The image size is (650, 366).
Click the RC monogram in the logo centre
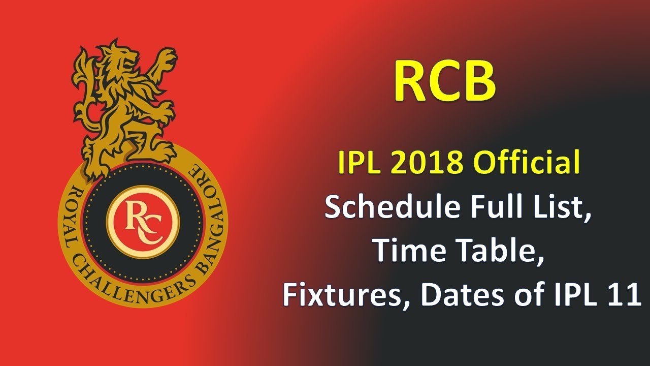coord(143,221)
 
